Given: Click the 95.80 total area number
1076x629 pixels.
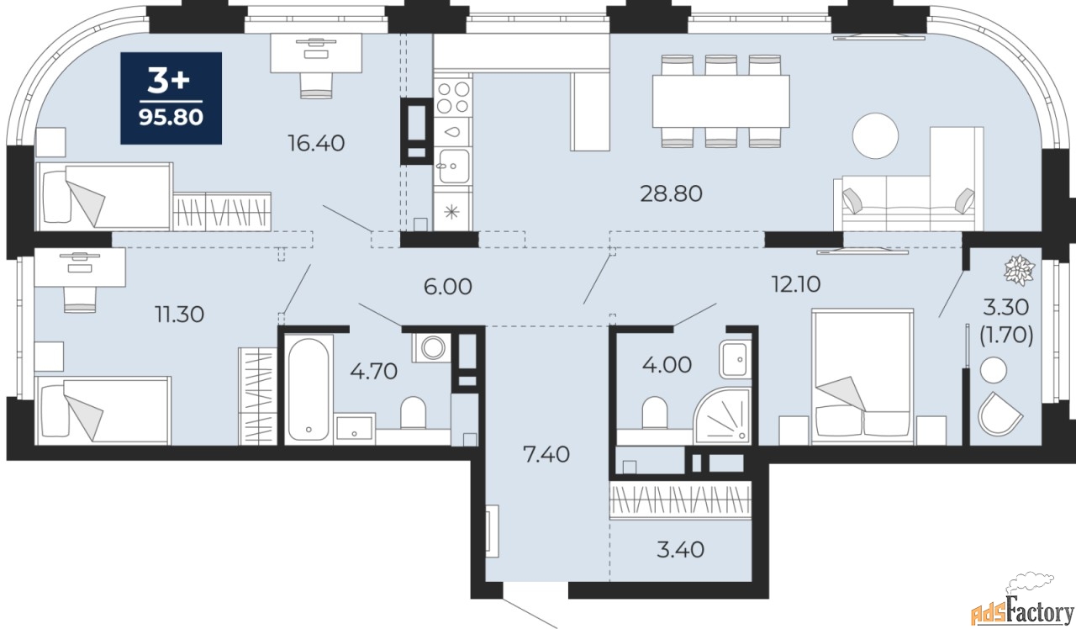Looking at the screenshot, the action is [x=171, y=117].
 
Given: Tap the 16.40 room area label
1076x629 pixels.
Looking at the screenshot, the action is [x=316, y=143].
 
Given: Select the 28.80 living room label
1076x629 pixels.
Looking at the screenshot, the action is [x=671, y=193].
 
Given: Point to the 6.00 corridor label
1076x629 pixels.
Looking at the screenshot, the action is [x=448, y=287].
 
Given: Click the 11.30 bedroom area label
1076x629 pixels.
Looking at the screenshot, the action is [x=179, y=314].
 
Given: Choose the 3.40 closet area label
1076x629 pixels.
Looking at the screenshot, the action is [x=680, y=549].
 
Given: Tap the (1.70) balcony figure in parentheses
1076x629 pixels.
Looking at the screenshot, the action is [x=1006, y=335].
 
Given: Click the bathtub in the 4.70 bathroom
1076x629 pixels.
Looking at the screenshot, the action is [x=309, y=389].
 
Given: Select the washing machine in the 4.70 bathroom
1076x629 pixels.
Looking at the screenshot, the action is [x=432, y=347].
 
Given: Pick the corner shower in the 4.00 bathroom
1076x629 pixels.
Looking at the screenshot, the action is [x=723, y=415].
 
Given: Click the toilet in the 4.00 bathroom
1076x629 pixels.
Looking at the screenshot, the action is [x=655, y=412].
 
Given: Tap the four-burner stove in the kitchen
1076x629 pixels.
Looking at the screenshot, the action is [x=453, y=97].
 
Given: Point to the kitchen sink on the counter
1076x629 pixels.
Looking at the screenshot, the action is [x=454, y=166].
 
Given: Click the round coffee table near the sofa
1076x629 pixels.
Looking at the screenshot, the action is [x=875, y=135].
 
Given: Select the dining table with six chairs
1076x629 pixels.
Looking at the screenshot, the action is [x=720, y=101].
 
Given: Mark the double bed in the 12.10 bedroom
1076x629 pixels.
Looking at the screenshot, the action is [x=862, y=376].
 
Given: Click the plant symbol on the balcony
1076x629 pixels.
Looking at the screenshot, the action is [x=1019, y=271].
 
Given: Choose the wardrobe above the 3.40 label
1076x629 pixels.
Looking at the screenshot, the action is [x=680, y=499].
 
